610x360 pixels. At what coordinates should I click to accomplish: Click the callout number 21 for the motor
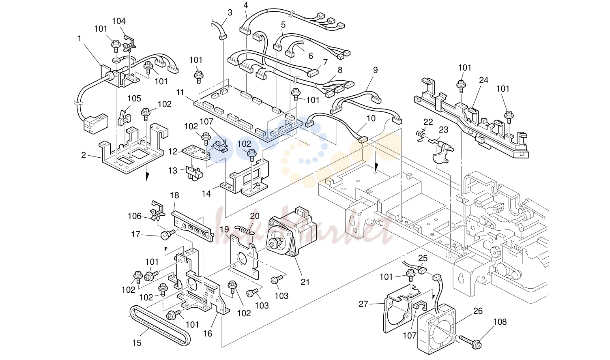point(305,282)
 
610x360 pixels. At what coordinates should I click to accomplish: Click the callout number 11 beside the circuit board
point(180,92)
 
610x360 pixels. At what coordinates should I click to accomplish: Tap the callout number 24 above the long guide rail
point(483,80)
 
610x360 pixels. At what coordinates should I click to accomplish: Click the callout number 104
point(119,21)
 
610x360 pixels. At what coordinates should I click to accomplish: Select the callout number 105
point(134,99)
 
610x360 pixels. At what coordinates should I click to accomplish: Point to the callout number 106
point(135,216)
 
